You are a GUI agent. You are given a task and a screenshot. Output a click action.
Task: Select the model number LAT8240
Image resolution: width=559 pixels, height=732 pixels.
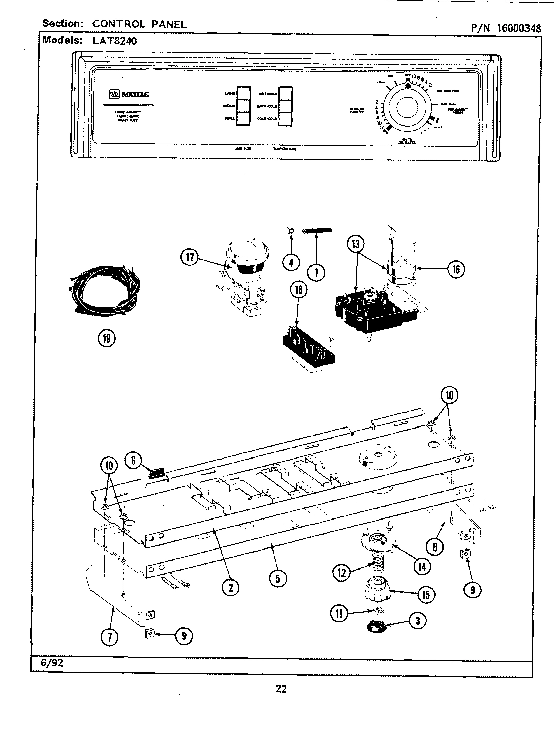point(115,41)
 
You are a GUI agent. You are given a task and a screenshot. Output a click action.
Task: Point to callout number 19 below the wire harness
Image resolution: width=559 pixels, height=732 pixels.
point(107,338)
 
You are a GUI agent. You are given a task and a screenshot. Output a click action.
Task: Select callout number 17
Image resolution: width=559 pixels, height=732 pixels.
point(190,258)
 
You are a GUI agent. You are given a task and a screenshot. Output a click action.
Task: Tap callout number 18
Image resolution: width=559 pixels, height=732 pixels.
point(299,290)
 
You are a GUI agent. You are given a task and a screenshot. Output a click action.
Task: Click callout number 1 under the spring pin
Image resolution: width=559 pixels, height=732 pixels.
point(317,272)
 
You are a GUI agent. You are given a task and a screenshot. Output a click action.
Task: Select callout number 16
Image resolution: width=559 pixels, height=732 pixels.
point(456,269)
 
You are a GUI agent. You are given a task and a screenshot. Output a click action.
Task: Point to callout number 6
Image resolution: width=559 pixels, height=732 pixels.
point(133,460)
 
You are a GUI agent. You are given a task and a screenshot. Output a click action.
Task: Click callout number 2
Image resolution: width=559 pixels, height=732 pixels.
point(230,587)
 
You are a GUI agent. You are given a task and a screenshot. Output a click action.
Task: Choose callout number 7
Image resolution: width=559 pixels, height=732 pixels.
point(110,636)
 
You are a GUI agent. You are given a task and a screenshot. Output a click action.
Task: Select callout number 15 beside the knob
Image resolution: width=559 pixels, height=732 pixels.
point(425,594)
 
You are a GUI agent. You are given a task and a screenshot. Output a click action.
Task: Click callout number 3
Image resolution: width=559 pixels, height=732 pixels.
point(417,620)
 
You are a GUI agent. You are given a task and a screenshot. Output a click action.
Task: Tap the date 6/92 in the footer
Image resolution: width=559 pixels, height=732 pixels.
point(50,664)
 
